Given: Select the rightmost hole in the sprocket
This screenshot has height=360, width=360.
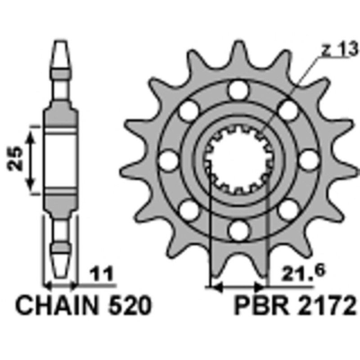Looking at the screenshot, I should click(x=309, y=159).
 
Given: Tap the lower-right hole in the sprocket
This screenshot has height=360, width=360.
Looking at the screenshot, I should click(x=286, y=208).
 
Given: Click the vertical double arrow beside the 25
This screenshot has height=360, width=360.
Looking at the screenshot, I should click(x=31, y=159).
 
